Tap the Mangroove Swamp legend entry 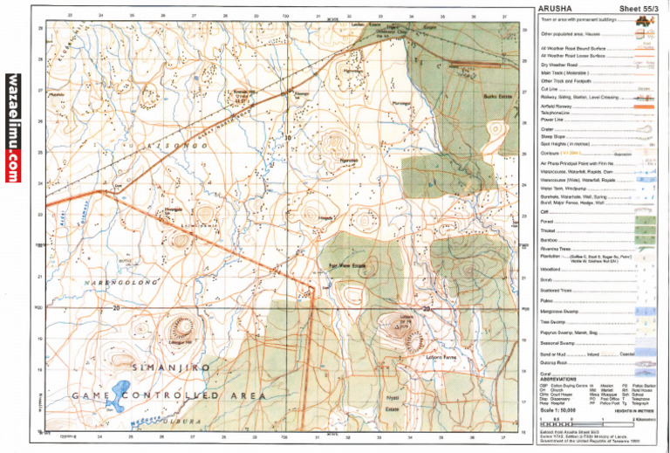coord(561,310)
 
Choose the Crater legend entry coord(548,129)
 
